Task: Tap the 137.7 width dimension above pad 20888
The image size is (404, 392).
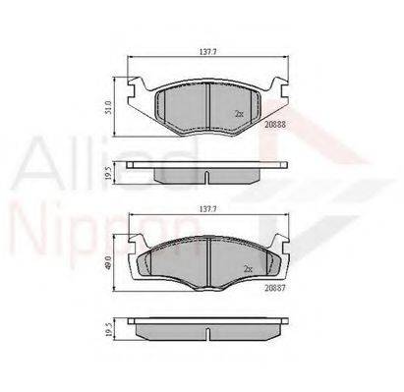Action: click(208, 51)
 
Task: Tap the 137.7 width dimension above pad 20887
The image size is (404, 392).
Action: click(208, 208)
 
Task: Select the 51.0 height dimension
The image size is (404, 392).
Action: click(109, 107)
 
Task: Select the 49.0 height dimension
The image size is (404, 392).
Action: click(109, 262)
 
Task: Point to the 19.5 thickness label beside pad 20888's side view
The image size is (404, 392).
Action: click(109, 173)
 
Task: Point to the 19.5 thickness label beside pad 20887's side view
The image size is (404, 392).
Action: click(109, 329)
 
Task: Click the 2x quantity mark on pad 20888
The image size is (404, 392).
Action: click(239, 114)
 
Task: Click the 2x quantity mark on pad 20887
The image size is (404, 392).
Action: click(249, 269)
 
